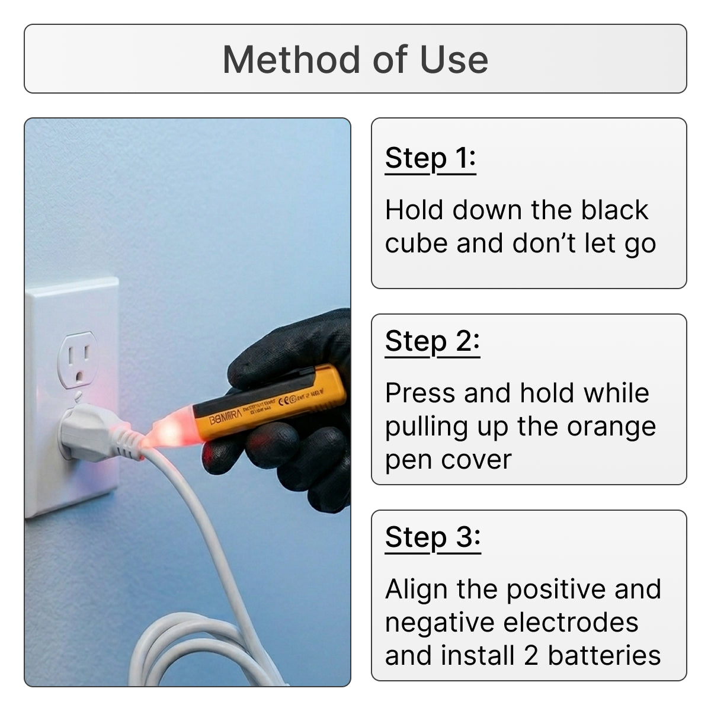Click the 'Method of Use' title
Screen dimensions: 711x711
point(355,60)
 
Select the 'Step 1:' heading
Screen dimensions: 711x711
point(430,158)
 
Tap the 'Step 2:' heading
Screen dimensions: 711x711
point(432,341)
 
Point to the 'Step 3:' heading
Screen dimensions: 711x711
point(433,537)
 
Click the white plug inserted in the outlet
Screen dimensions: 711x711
point(89,433)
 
